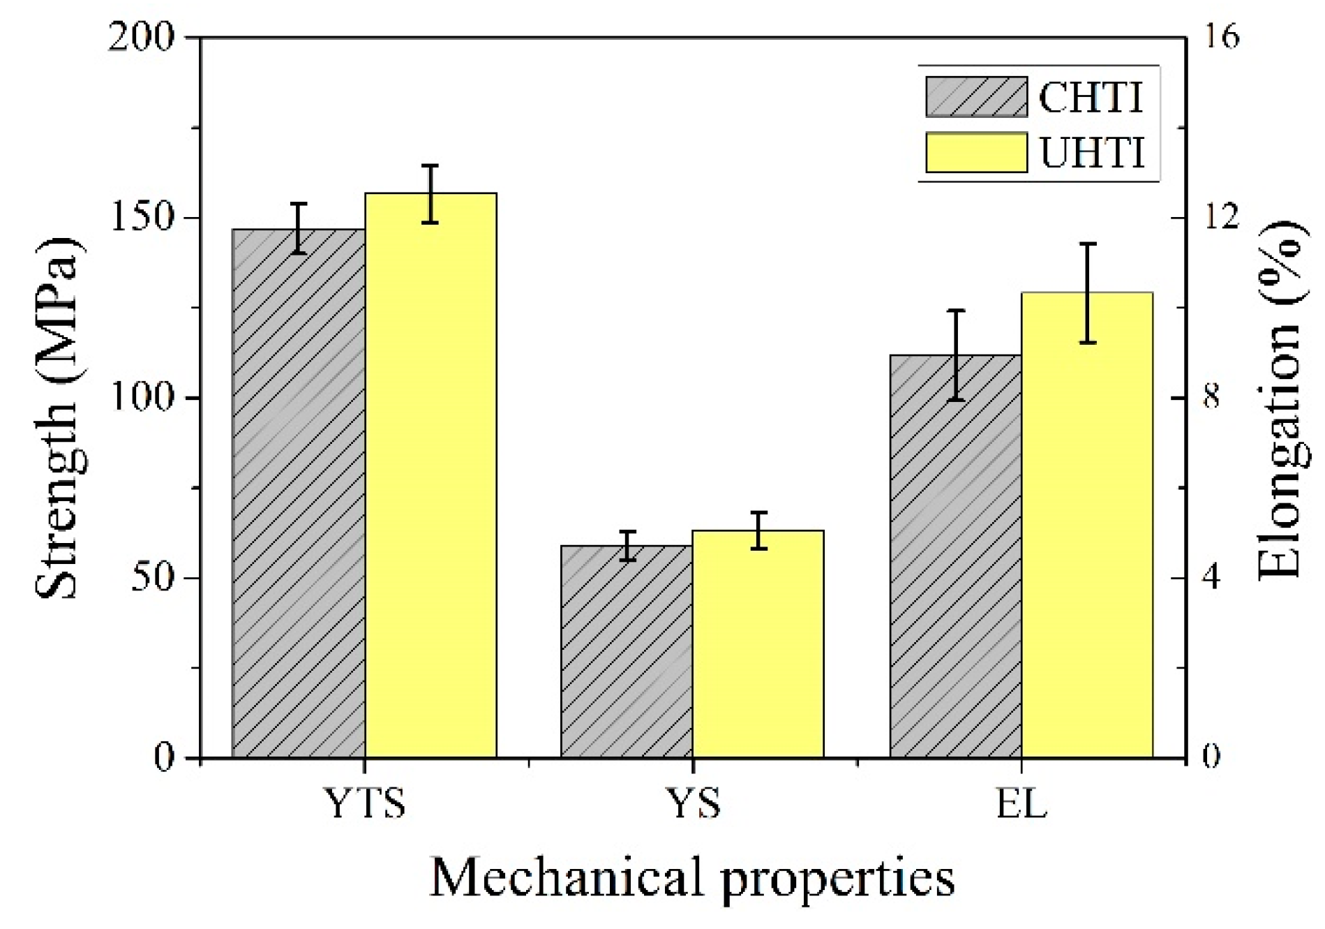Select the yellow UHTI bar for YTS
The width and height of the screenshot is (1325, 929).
pos(431,475)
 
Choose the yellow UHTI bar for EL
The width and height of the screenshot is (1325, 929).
pos(1087,524)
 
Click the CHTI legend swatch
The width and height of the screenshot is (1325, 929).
pos(976,97)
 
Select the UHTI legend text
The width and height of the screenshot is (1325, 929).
pos(1093,152)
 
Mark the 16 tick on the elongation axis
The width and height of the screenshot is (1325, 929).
pos(1221,37)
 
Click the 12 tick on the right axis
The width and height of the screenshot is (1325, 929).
pos(1221,218)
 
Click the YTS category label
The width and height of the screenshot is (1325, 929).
pos(365,803)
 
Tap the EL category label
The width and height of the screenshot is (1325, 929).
pos(1021,803)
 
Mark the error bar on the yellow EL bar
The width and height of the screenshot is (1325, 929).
pos(1088,293)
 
